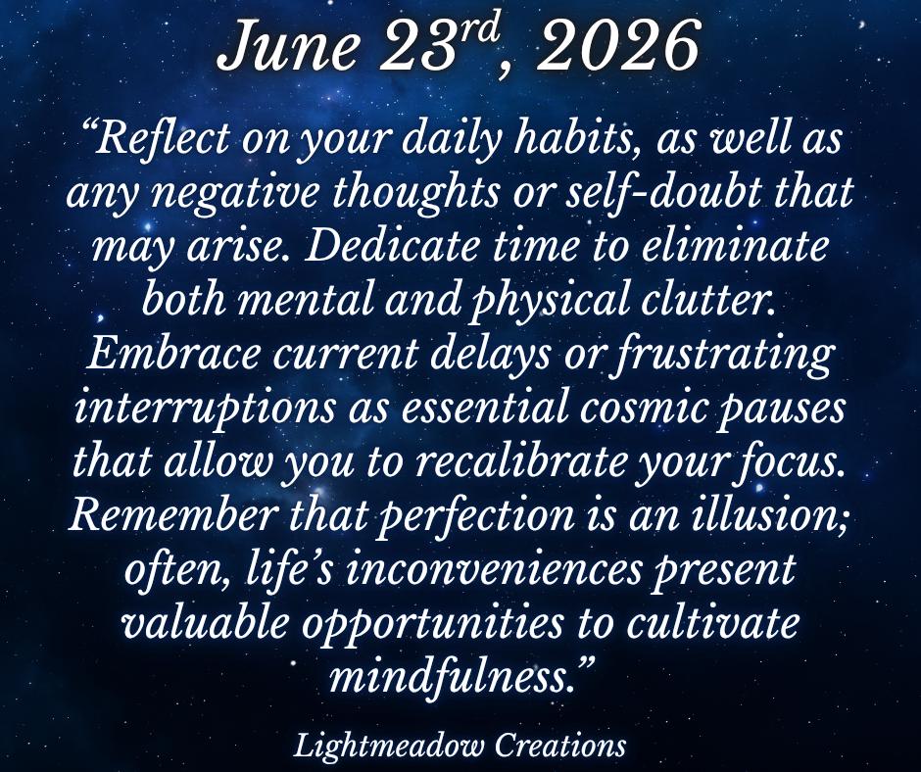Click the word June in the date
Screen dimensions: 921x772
288,47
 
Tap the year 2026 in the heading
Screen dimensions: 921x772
616,47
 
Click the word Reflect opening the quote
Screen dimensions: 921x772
164,139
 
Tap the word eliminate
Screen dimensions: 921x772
734,247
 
